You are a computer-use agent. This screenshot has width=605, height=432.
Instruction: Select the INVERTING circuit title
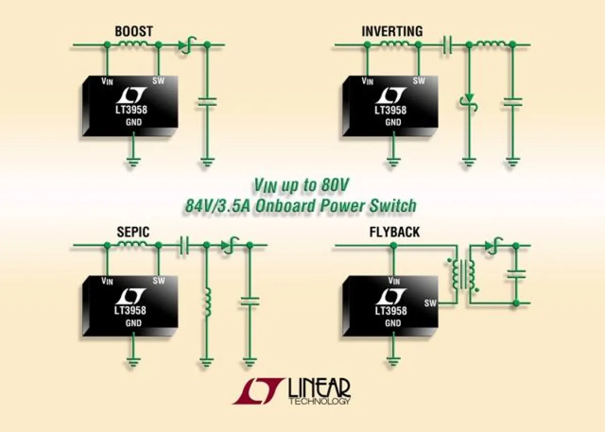392,31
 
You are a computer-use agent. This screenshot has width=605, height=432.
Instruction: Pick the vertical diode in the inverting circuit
469,101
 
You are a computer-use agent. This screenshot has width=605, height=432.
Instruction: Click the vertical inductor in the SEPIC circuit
206,301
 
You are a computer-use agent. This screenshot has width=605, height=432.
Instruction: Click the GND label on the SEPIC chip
134,323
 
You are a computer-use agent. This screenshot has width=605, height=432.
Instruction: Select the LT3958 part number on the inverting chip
391,110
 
